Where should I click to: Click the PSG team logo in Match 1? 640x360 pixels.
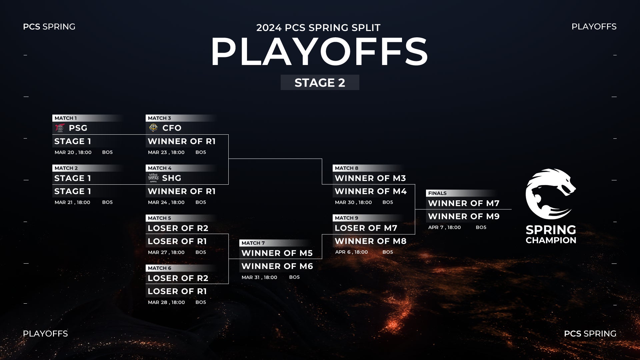pyautogui.click(x=60, y=128)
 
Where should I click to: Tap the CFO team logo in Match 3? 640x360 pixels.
pyautogui.click(x=153, y=128)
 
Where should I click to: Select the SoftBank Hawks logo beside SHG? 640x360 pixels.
pyautogui.click(x=153, y=178)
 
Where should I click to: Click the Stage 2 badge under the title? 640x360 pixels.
pyautogui.click(x=320, y=82)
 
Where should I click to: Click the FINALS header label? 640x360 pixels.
pyautogui.click(x=437, y=193)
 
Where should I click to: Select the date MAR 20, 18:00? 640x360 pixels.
pyautogui.click(x=73, y=152)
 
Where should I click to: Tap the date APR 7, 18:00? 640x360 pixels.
pyautogui.click(x=444, y=227)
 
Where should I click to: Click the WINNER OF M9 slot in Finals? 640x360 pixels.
pyautogui.click(x=464, y=216)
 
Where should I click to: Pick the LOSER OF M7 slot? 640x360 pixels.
pyautogui.click(x=366, y=228)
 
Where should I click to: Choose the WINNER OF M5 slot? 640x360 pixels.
pyautogui.click(x=277, y=253)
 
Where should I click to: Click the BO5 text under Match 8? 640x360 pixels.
pyautogui.click(x=388, y=202)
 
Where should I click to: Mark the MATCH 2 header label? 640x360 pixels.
pyautogui.click(x=66, y=168)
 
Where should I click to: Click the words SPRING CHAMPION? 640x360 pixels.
pyautogui.click(x=551, y=235)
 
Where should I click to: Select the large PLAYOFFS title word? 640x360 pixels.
pyautogui.click(x=319, y=52)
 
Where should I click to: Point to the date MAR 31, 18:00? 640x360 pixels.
pyautogui.click(x=259, y=277)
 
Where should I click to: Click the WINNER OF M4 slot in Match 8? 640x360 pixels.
pyautogui.click(x=371, y=191)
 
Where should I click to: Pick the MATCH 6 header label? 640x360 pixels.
pyautogui.click(x=159, y=268)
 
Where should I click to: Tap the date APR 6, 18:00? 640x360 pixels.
pyautogui.click(x=351, y=252)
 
